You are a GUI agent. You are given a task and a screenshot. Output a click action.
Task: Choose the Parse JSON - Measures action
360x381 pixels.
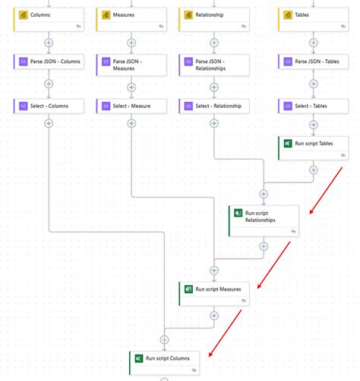[x=131, y=64]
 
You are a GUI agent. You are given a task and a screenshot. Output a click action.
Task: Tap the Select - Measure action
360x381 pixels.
[x=131, y=106]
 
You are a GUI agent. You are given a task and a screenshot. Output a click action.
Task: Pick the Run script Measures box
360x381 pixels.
[x=214, y=294]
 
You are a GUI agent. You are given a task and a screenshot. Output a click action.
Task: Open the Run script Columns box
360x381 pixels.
[x=165, y=361]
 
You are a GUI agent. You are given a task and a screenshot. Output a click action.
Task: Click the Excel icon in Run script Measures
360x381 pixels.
[x=188, y=289]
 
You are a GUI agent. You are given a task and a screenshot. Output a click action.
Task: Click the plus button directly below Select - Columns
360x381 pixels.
[x=49, y=123]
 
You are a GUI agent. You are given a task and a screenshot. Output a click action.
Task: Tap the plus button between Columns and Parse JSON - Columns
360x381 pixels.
[x=49, y=43]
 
